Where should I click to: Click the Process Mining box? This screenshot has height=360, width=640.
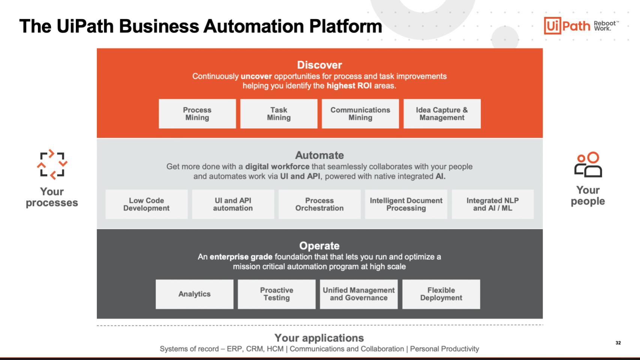tap(197, 114)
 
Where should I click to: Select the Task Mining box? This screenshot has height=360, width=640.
tap(279, 114)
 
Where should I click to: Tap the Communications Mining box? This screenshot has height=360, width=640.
tap(360, 114)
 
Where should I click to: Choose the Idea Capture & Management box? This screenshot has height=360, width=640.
tap(442, 114)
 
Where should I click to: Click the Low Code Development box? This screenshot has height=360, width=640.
tap(146, 204)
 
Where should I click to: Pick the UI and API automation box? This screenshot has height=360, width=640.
tap(233, 204)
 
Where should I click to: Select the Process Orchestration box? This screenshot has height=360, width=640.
tap(319, 204)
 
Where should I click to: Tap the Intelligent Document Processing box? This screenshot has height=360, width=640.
tap(406, 204)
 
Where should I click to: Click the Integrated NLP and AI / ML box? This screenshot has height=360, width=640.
tap(493, 204)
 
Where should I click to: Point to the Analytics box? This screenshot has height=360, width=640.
tap(194, 294)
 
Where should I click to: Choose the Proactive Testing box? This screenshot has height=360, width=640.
tap(276, 294)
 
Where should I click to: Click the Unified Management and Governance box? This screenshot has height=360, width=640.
tap(359, 294)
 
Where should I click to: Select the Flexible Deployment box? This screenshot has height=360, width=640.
tap(441, 294)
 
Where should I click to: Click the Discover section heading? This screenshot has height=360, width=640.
tap(320, 65)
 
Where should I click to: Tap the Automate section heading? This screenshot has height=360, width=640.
tap(320, 155)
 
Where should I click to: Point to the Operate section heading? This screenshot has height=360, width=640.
tap(320, 246)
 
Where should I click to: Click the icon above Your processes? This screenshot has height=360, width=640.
tap(52, 164)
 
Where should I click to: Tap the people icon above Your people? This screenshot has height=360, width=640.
tap(588, 164)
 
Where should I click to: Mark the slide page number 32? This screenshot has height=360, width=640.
tap(618, 343)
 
